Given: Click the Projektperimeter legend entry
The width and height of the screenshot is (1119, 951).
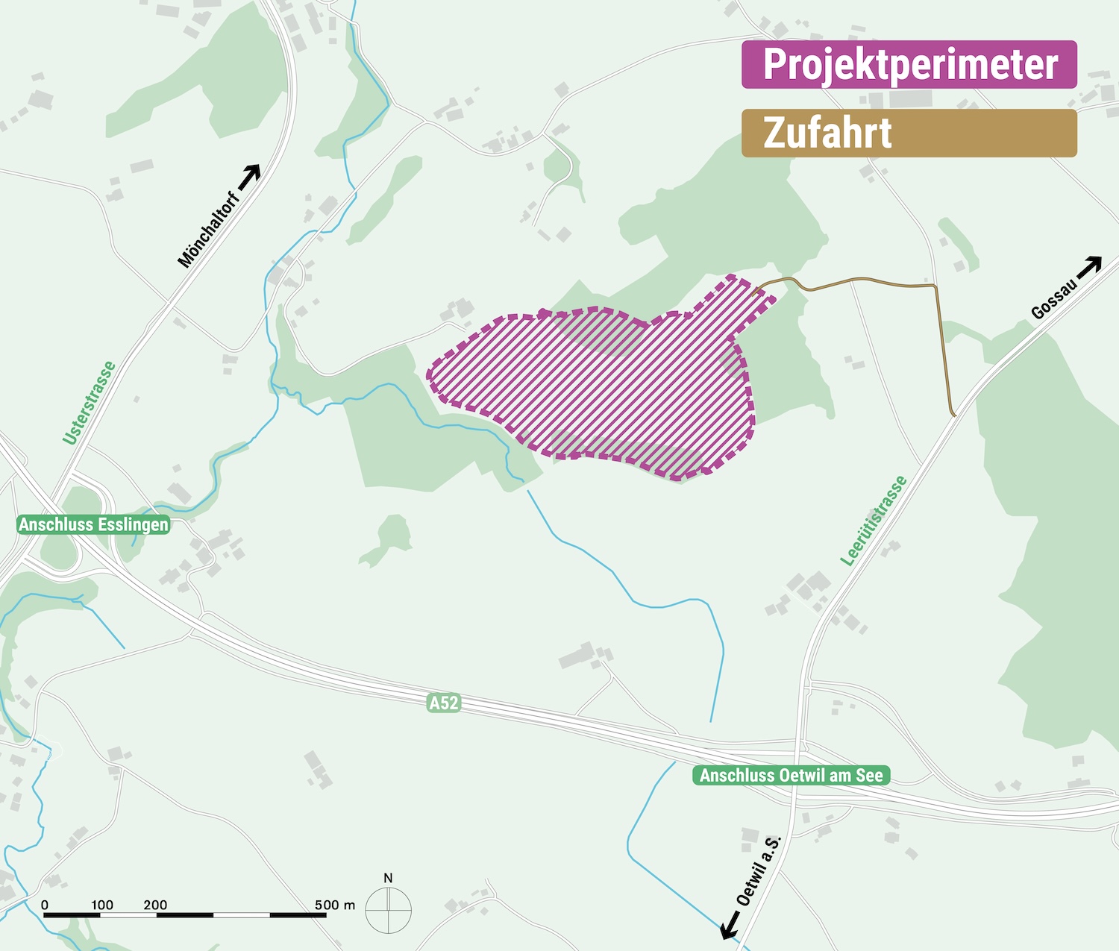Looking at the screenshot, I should point(909,64).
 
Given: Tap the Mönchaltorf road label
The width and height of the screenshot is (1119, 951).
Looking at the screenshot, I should point(209,229).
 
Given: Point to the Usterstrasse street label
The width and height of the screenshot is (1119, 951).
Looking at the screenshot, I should point(90,403).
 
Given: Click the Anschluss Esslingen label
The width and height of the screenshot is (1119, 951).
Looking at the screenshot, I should point(93,525).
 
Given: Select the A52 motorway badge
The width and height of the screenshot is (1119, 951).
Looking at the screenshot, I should point(443,703).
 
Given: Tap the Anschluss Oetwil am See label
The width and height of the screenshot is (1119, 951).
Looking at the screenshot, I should point(791,776).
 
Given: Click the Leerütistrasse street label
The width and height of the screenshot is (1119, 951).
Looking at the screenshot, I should point(874,521).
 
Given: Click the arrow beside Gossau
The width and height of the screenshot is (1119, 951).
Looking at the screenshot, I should point(1091,266).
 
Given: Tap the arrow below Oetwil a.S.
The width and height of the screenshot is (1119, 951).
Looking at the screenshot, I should point(730,926).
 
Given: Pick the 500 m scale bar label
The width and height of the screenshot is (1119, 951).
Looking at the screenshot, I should point(334,905).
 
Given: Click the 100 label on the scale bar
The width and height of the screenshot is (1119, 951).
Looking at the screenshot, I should point(102,905).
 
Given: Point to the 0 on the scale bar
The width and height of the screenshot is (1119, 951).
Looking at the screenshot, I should point(45,905).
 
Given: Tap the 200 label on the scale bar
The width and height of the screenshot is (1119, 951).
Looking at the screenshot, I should point(155,905).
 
